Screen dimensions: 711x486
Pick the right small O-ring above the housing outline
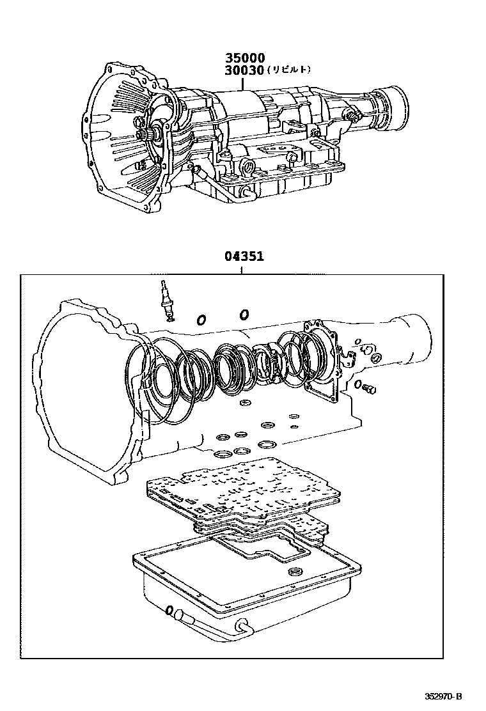point(244,314)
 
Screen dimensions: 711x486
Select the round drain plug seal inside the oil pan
point(296,571)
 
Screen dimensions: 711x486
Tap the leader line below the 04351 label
point(241,269)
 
